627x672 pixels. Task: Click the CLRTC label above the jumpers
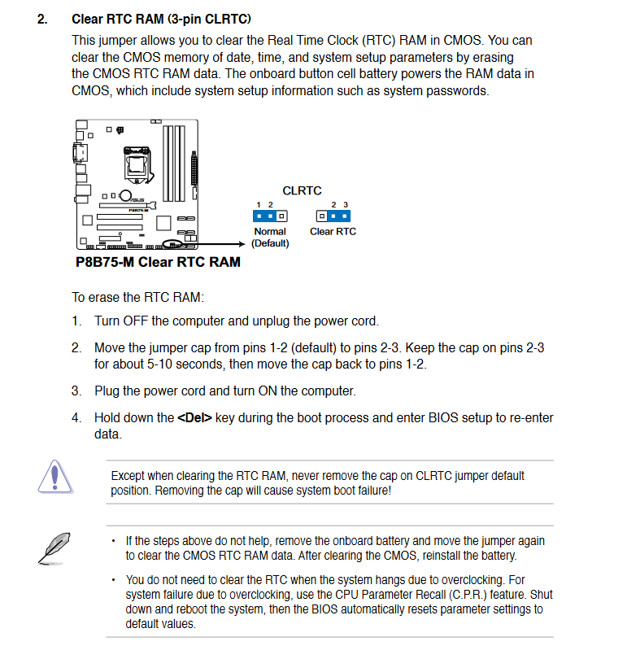pyautogui.click(x=302, y=190)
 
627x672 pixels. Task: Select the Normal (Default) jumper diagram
pyautogui.click(x=270, y=216)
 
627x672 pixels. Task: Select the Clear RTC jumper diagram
pyautogui.click(x=333, y=216)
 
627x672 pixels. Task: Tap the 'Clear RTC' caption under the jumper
pyautogui.click(x=333, y=232)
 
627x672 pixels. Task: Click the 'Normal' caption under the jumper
pyautogui.click(x=270, y=232)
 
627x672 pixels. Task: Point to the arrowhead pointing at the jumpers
pyautogui.click(x=243, y=242)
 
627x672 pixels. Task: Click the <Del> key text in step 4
pyautogui.click(x=194, y=418)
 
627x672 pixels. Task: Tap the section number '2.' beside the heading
pyautogui.click(x=42, y=19)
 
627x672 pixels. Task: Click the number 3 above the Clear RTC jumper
pyautogui.click(x=346, y=204)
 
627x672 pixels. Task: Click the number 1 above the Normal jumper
pyautogui.click(x=259, y=204)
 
